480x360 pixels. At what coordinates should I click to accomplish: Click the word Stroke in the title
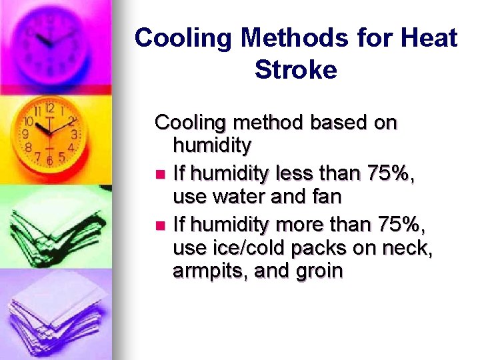click(295, 70)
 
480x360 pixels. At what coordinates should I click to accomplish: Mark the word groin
click(319, 271)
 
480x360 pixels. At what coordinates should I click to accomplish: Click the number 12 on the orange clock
click(49, 107)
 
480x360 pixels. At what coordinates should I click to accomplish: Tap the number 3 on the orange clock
click(74, 133)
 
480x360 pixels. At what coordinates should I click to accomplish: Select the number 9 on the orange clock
click(25, 134)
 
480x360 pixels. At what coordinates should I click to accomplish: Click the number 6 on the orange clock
click(49, 160)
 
